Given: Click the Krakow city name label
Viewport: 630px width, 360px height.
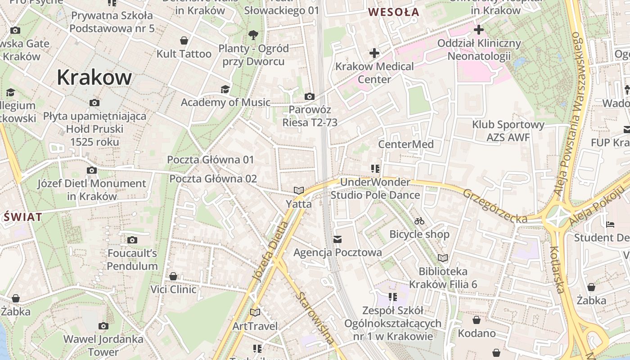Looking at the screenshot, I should (x=94, y=77).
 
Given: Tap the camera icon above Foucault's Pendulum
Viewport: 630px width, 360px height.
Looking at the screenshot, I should (x=132, y=240).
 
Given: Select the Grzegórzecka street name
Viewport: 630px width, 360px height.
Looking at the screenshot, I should (x=495, y=206).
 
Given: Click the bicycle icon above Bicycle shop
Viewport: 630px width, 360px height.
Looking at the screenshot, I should (x=419, y=221).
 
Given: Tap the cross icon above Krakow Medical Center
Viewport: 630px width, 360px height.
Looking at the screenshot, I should (x=374, y=54).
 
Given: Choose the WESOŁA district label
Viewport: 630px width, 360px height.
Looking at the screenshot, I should (x=394, y=12).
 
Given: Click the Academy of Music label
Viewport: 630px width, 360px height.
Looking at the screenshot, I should (x=225, y=102).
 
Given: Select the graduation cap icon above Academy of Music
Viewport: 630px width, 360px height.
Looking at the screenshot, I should (x=225, y=89).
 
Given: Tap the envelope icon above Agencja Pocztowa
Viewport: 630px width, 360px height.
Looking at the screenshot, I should (x=337, y=239).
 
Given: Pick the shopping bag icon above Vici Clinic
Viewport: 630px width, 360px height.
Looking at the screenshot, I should (x=173, y=276).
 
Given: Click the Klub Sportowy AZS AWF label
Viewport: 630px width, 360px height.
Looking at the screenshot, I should (x=508, y=130).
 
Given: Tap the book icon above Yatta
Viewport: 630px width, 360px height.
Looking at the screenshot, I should (x=299, y=191).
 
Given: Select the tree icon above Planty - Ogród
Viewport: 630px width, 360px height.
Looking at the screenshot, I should (x=253, y=35).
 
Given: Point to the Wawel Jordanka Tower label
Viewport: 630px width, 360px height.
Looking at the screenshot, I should (x=103, y=345).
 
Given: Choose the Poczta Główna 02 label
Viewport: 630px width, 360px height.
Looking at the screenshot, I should (x=213, y=179).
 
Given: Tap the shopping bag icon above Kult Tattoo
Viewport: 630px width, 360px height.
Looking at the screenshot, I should (x=184, y=41).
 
